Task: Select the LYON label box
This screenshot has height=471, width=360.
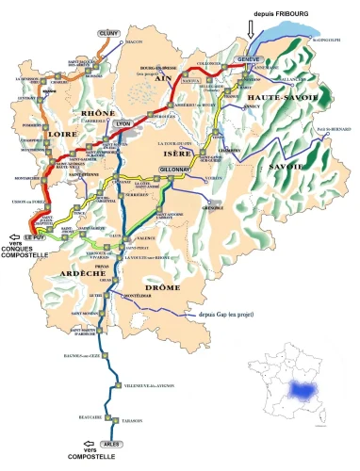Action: click(123, 123)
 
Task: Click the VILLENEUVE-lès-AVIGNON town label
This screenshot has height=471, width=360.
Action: click(152, 385)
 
